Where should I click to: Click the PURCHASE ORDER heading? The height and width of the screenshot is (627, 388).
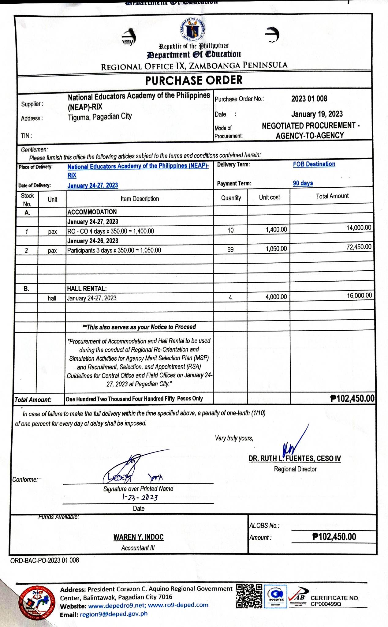pyautogui.click(x=194, y=81)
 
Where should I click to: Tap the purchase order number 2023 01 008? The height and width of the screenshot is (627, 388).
pyautogui.click(x=309, y=99)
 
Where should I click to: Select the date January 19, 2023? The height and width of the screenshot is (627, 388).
pyautogui.click(x=317, y=114)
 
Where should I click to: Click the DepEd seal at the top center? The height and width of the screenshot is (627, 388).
pyautogui.click(x=192, y=29)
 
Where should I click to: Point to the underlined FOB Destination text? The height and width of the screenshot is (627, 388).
pyautogui.click(x=314, y=164)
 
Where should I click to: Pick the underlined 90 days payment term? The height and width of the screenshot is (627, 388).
pyautogui.click(x=303, y=183)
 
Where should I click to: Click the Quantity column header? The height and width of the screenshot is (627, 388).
pyautogui.click(x=231, y=198)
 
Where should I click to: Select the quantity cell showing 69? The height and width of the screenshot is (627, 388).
pyautogui.click(x=230, y=250)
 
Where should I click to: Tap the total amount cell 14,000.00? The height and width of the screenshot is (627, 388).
pyautogui.click(x=359, y=228)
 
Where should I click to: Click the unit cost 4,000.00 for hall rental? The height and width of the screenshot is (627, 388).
pyautogui.click(x=276, y=297)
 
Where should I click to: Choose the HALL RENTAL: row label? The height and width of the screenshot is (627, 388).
pyautogui.click(x=87, y=288)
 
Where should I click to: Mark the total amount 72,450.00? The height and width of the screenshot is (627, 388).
pyautogui.click(x=359, y=247)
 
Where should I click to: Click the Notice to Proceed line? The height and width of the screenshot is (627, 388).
pyautogui.click(x=139, y=327)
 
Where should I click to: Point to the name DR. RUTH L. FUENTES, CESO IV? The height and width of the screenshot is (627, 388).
pyautogui.click(x=295, y=458)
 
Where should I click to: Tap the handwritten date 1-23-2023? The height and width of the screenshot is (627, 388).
pyautogui.click(x=140, y=497)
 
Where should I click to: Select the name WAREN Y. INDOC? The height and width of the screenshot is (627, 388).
pyautogui.click(x=138, y=537)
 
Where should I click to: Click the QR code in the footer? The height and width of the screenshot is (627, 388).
pyautogui.click(x=249, y=596)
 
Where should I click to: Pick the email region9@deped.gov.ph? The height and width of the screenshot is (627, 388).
pyautogui.click(x=114, y=614)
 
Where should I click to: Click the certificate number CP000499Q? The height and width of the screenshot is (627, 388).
pyautogui.click(x=326, y=604)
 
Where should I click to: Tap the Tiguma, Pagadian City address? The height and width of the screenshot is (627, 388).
pyautogui.click(x=100, y=117)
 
